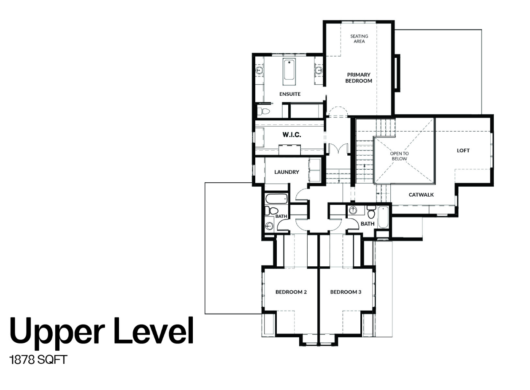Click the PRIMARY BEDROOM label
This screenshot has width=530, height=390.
tap(359, 78)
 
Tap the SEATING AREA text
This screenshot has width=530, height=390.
tap(359, 39)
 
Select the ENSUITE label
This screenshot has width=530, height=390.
tap(290, 94)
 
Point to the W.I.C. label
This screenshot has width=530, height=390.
tap(292, 135)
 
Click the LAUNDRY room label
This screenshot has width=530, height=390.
tap(287, 172)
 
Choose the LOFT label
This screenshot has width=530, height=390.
tap(463, 151)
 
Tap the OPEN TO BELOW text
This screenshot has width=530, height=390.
tap(399, 156)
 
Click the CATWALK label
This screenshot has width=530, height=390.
tap(421, 195)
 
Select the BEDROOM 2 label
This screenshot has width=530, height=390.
tap(291, 292)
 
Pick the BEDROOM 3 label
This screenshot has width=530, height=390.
tap(346, 292)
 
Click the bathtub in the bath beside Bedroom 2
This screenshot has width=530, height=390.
tap(276, 198)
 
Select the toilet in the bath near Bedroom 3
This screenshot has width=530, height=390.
tap(371, 212)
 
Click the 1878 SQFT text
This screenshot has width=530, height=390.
tap(38, 360)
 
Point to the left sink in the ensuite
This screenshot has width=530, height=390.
tap(260, 70)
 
